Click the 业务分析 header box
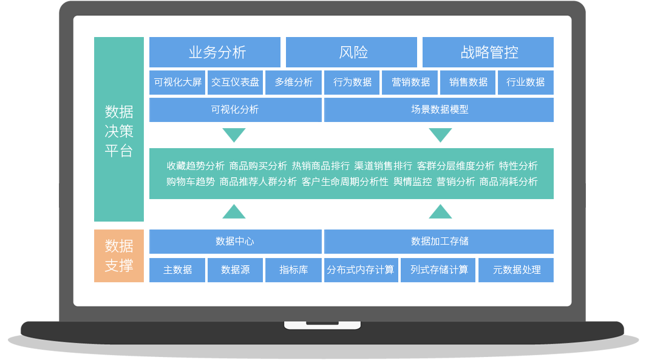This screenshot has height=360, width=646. click(x=215, y=52)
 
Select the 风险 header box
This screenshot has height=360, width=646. click(x=352, y=52)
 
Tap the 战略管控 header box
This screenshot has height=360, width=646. click(x=488, y=52)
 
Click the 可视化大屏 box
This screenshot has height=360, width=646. click(x=177, y=83)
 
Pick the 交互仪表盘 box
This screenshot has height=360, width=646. click(x=235, y=83)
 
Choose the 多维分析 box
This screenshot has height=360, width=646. click(x=293, y=83)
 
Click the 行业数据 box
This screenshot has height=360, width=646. click(x=526, y=83)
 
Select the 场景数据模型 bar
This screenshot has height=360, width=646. click(x=439, y=109)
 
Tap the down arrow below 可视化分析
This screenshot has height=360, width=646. click(x=234, y=134)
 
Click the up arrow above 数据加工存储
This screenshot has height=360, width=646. click(x=440, y=212)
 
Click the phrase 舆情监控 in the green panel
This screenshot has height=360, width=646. click(x=412, y=182)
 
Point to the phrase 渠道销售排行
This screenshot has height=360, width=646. click(x=383, y=166)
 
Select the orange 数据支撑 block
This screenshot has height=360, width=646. click(x=119, y=256)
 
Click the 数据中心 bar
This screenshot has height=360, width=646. click(x=235, y=242)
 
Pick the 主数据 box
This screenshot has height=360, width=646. click(x=177, y=270)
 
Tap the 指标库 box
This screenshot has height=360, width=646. click(x=293, y=270)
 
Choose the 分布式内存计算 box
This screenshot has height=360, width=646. click(x=361, y=270)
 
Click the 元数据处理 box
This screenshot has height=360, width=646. click(x=516, y=270)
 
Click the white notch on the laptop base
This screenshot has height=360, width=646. click(x=322, y=325)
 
